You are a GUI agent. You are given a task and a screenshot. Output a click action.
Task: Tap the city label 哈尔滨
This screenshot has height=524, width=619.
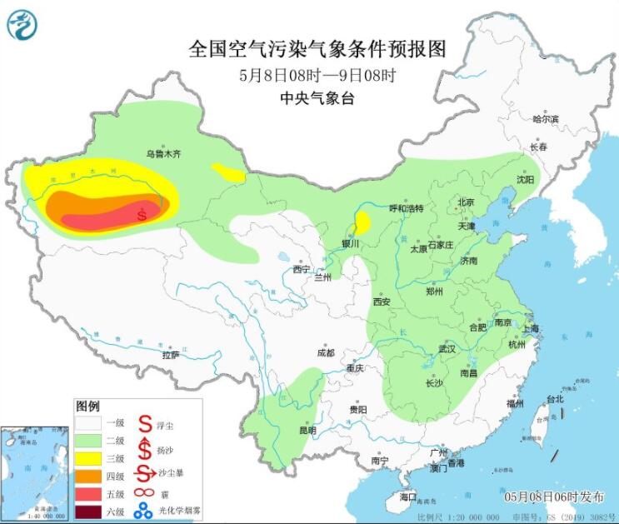(546, 119)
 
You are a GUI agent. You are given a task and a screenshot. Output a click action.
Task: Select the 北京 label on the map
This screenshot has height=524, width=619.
(465, 202)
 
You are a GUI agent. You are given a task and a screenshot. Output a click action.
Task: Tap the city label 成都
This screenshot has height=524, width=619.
(325, 352)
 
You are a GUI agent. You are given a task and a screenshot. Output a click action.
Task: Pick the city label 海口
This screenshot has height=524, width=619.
(407, 497)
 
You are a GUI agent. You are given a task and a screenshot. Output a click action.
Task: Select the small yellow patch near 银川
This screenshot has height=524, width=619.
(362, 223)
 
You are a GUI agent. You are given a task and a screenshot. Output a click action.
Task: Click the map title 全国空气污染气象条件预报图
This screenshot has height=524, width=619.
(318, 49)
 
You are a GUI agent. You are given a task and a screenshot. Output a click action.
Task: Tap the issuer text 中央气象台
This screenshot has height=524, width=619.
(317, 98)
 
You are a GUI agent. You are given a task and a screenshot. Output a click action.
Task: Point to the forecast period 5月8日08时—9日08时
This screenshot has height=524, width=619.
(317, 75)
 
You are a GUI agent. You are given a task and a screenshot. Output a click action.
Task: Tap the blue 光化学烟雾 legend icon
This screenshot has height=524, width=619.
(145, 511)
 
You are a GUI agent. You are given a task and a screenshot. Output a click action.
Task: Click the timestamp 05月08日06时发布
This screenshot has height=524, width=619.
(554, 497)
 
